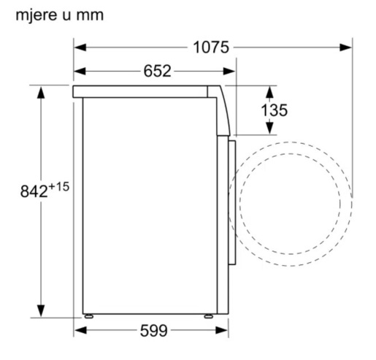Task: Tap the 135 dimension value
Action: click(x=274, y=110)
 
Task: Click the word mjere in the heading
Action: click(x=34, y=15)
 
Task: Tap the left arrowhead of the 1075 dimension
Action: click(x=80, y=48)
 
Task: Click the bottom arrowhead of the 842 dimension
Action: click(x=42, y=308)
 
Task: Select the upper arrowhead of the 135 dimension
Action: click(x=269, y=92)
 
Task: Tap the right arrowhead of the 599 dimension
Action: click(x=212, y=331)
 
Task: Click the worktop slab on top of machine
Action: click(x=146, y=91)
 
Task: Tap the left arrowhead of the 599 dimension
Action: click(x=80, y=331)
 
